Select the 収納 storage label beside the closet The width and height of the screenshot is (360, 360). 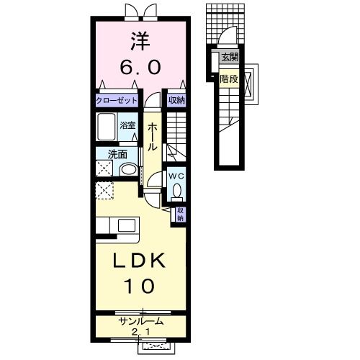(176, 101)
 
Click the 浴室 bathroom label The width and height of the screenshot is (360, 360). (127, 124)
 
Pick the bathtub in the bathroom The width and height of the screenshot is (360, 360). (107, 130)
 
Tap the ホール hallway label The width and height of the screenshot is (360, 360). (153, 136)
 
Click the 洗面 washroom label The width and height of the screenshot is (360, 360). (117, 153)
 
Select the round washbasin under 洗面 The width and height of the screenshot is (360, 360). (127, 170)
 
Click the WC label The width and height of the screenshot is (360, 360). (177, 175)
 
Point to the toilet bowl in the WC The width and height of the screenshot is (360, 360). (177, 192)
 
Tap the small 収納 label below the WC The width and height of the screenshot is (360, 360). (180, 214)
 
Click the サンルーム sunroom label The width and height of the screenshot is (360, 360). (141, 322)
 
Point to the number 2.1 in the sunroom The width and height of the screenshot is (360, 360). (141, 332)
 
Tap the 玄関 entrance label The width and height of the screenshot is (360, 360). (228, 57)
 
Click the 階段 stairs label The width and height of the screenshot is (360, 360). (228, 80)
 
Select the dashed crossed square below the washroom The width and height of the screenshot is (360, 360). (105, 191)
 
